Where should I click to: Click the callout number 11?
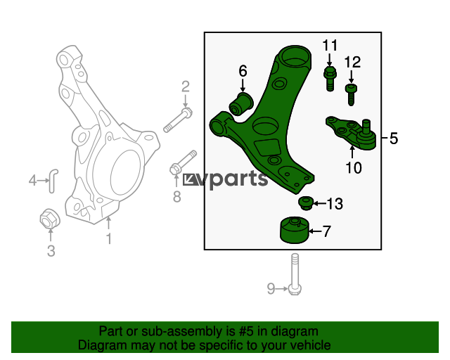[330, 46]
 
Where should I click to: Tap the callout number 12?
[352, 62]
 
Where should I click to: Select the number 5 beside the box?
[394, 139]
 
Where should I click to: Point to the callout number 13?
[335, 203]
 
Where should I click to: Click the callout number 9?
[271, 288]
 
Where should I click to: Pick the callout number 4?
[33, 180]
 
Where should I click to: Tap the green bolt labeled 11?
[330, 78]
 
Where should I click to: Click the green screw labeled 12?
[351, 94]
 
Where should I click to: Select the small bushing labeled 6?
[241, 104]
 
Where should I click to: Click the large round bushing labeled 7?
[294, 230]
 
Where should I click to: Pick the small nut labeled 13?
[306, 203]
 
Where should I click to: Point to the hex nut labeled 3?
[50, 219]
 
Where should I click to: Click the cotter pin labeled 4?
[53, 181]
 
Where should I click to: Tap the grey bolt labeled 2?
[178, 120]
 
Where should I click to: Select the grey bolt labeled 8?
[183, 162]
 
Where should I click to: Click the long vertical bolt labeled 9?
[295, 274]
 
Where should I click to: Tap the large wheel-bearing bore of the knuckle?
[127, 172]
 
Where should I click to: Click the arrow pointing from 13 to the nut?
[319, 203]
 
